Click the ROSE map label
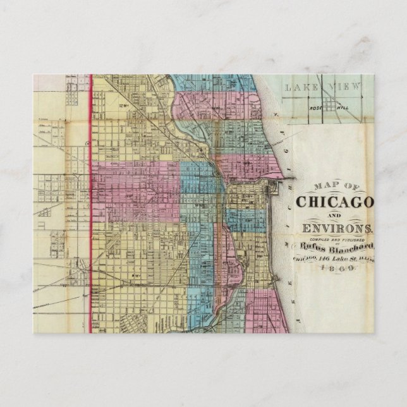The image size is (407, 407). click(315, 107)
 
